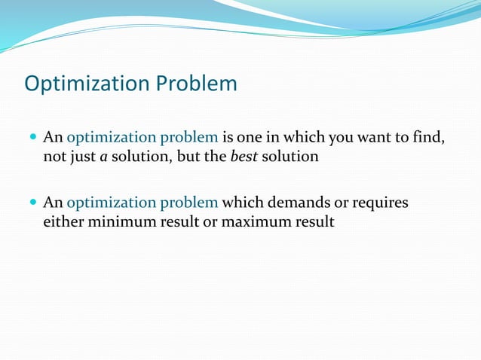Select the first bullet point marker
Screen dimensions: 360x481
pyautogui.click(x=32, y=138)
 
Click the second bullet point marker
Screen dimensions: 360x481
pyautogui.click(x=32, y=203)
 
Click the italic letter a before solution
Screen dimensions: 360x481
pyautogui.click(x=102, y=157)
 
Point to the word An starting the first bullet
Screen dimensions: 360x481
pyautogui.click(x=53, y=138)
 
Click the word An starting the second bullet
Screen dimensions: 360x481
pyautogui.click(x=53, y=203)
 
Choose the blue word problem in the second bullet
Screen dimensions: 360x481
pyautogui.click(x=190, y=203)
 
